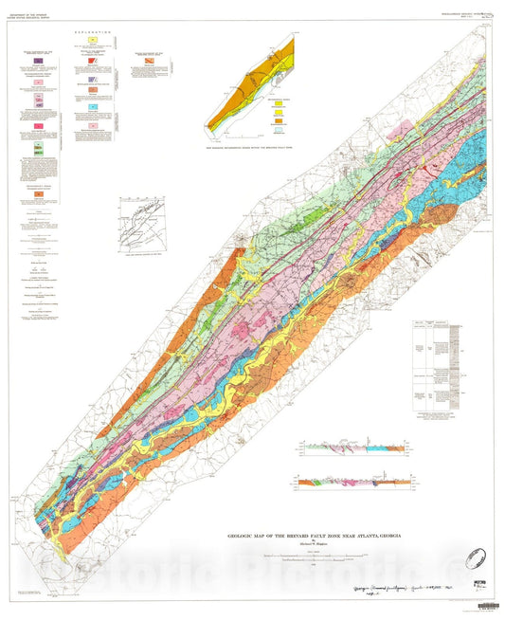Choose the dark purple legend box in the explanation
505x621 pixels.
point(38,61)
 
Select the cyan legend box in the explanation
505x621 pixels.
point(94,109)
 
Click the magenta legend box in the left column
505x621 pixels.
point(38,126)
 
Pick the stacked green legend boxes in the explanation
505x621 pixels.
point(38,150)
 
